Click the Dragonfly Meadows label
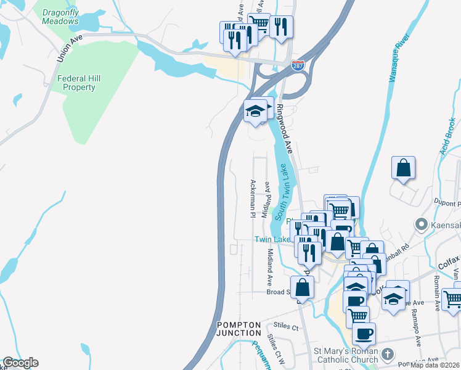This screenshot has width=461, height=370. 60,17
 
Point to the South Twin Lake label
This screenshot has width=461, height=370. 282,192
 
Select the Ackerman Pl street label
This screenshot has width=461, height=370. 253,199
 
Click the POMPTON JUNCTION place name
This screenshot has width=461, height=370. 239,329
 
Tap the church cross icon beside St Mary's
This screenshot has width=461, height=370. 386,354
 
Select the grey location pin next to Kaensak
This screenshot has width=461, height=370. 422,224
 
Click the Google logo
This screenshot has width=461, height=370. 20,363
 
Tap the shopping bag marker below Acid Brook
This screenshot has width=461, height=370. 403,168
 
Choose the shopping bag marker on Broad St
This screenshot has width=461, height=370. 302,287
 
